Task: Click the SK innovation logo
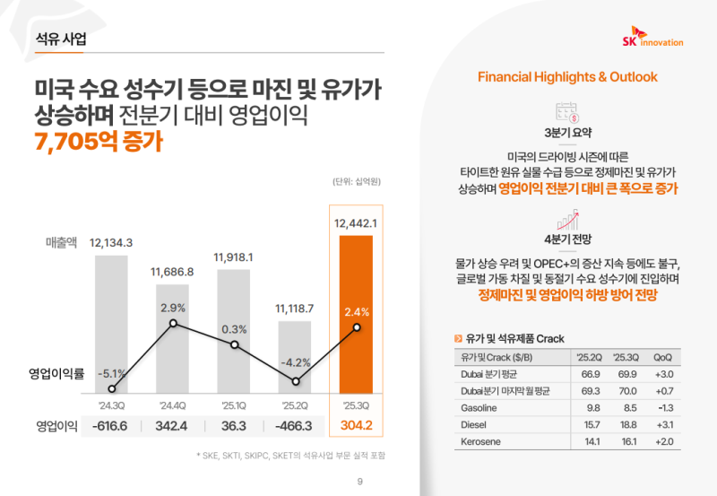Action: pyautogui.click(x=652, y=40)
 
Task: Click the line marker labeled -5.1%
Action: pyautogui.click(x=112, y=389)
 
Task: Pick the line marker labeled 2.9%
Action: pyautogui.click(x=173, y=323)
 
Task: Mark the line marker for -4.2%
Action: pyautogui.click(x=295, y=380)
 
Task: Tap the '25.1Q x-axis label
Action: pyautogui.click(x=234, y=403)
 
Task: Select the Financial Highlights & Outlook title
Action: pyautogui.click(x=567, y=77)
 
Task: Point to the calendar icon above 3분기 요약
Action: pyautogui.click(x=566, y=112)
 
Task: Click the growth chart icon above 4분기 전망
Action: pyautogui.click(x=566, y=220)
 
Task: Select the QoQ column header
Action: pyautogui.click(x=665, y=356)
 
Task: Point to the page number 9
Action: pyautogui.click(x=359, y=483)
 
